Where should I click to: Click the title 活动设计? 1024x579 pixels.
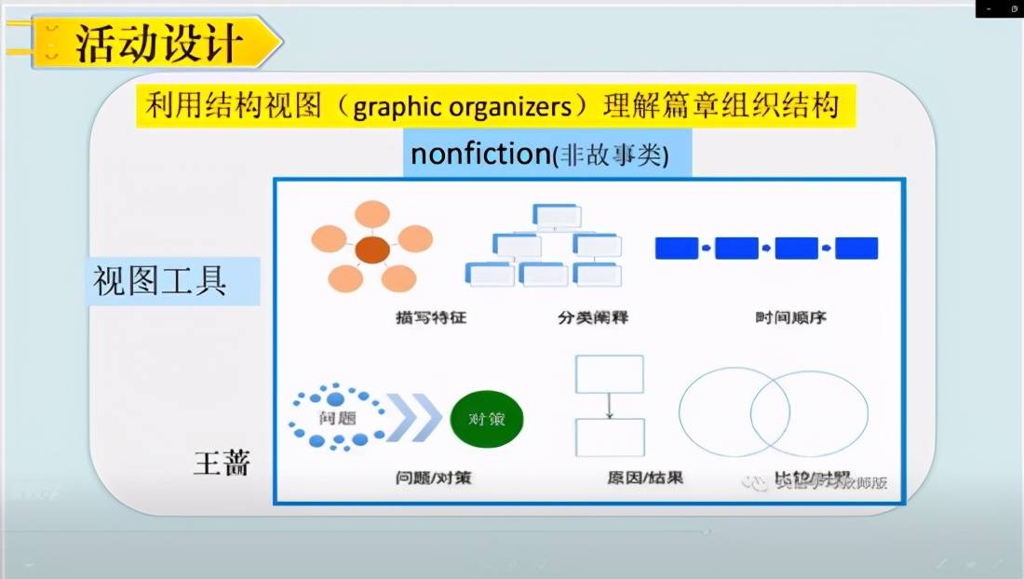[x=158, y=43]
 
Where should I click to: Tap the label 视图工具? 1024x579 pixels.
[x=159, y=279]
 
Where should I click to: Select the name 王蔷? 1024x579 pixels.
[x=222, y=463]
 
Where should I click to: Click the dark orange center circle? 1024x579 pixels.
[x=371, y=249]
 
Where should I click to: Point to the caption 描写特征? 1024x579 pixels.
[x=430, y=318]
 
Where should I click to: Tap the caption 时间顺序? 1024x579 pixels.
[x=790, y=318]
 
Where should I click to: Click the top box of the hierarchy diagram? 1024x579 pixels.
[x=556, y=215]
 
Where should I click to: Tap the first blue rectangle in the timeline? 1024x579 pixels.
[x=677, y=249]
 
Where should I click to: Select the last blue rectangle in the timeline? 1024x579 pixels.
[x=856, y=249]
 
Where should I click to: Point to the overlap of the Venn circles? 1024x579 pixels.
[x=771, y=412]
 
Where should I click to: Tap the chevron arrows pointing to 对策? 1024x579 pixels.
[x=411, y=419]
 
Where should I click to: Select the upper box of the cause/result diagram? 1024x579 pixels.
[x=610, y=374]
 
